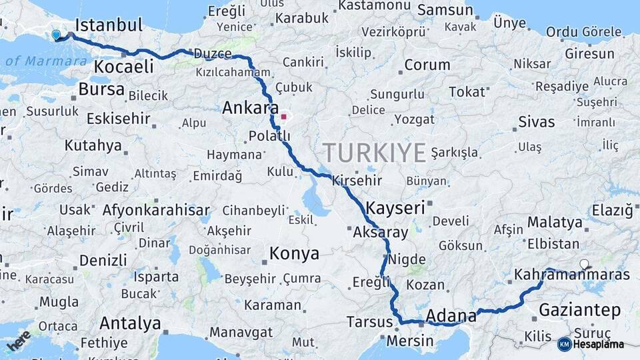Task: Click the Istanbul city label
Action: (x=109, y=25)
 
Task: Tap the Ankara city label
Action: (x=250, y=107)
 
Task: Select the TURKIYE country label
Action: (x=374, y=153)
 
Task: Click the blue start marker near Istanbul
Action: (x=55, y=34)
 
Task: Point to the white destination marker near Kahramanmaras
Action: (x=585, y=264)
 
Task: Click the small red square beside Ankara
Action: (x=283, y=117)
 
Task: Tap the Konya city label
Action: (x=294, y=253)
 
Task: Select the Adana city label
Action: (x=451, y=315)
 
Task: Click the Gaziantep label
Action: (x=579, y=309)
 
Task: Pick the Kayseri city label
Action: (x=395, y=208)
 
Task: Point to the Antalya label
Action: (x=130, y=323)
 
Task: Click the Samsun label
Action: (x=446, y=11)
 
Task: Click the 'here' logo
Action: (x=18, y=339)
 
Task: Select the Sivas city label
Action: (x=536, y=122)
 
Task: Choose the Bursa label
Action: (x=101, y=89)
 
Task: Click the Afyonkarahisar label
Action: (x=156, y=209)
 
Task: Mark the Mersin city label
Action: (x=410, y=341)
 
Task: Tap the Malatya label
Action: (x=555, y=222)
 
